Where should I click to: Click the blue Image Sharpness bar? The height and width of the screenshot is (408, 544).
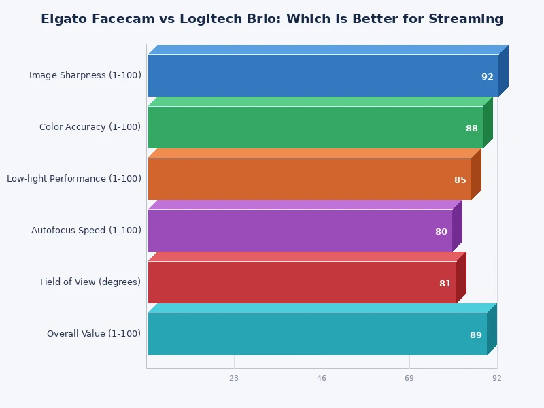click(x=323, y=75)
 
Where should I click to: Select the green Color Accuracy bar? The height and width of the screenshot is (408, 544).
click(x=315, y=127)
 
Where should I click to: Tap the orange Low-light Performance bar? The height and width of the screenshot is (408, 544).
click(x=309, y=179)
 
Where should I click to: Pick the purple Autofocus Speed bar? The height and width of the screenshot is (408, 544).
click(x=300, y=231)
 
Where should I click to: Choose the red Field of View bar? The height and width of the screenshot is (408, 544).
click(x=302, y=282)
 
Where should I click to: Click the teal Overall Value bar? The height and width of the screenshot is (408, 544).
click(x=317, y=334)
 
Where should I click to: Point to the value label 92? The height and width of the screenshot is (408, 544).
click(x=488, y=77)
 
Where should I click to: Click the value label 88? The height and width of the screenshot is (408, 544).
click(x=472, y=129)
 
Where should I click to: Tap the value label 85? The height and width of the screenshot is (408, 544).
click(x=460, y=180)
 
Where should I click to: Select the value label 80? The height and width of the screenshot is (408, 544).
click(x=441, y=232)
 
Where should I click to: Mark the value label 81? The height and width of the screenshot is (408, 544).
click(x=445, y=284)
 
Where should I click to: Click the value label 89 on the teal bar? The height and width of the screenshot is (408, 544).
click(x=476, y=335)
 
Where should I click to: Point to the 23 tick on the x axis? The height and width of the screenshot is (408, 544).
click(x=234, y=378)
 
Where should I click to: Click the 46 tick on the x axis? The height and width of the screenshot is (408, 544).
click(x=322, y=378)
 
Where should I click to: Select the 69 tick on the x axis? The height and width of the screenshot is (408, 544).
click(x=409, y=378)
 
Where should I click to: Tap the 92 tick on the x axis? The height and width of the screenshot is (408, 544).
click(x=497, y=378)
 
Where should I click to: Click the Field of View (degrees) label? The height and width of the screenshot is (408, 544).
click(x=90, y=282)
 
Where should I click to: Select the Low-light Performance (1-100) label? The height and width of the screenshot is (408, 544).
click(x=74, y=179)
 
